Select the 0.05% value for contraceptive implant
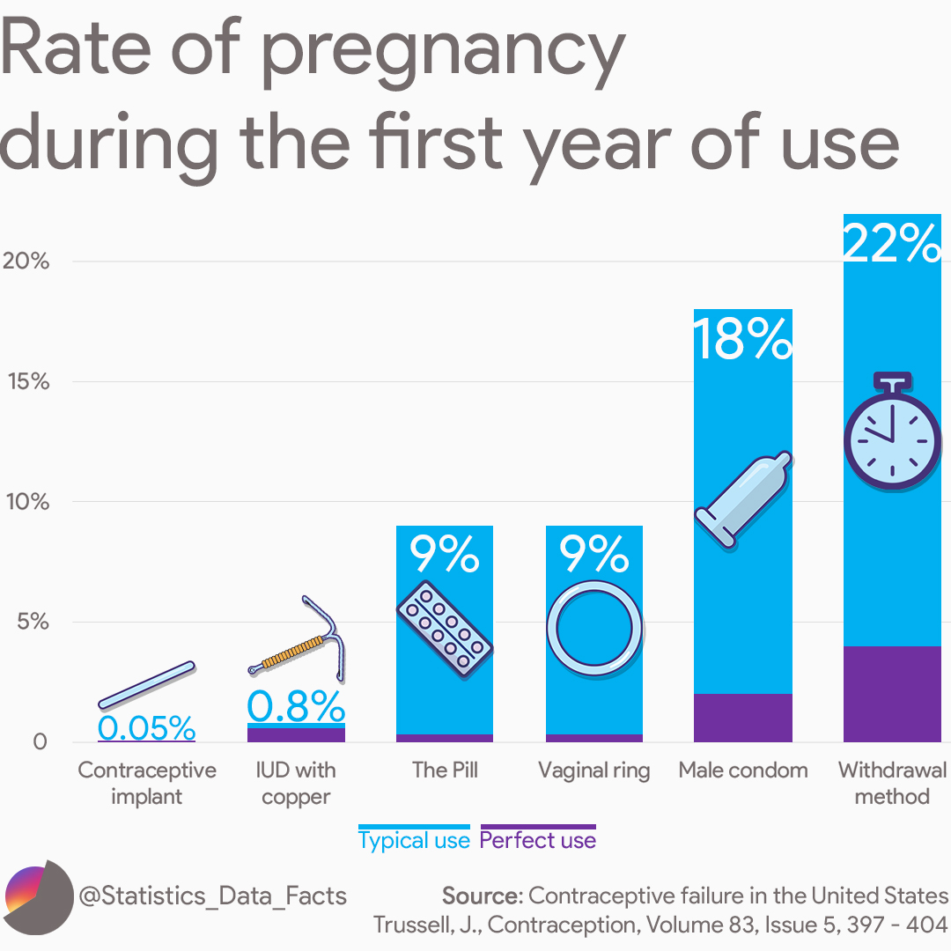click(146, 727)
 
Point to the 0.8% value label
click(296, 705)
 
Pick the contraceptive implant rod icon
click(146, 684)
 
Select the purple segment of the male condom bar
click(742, 718)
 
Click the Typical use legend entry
click(414, 840)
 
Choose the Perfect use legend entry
click(537, 840)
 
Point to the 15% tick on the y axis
click(28, 381)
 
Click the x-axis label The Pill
click(445, 770)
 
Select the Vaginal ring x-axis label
click(594, 770)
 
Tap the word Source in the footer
click(481, 896)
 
